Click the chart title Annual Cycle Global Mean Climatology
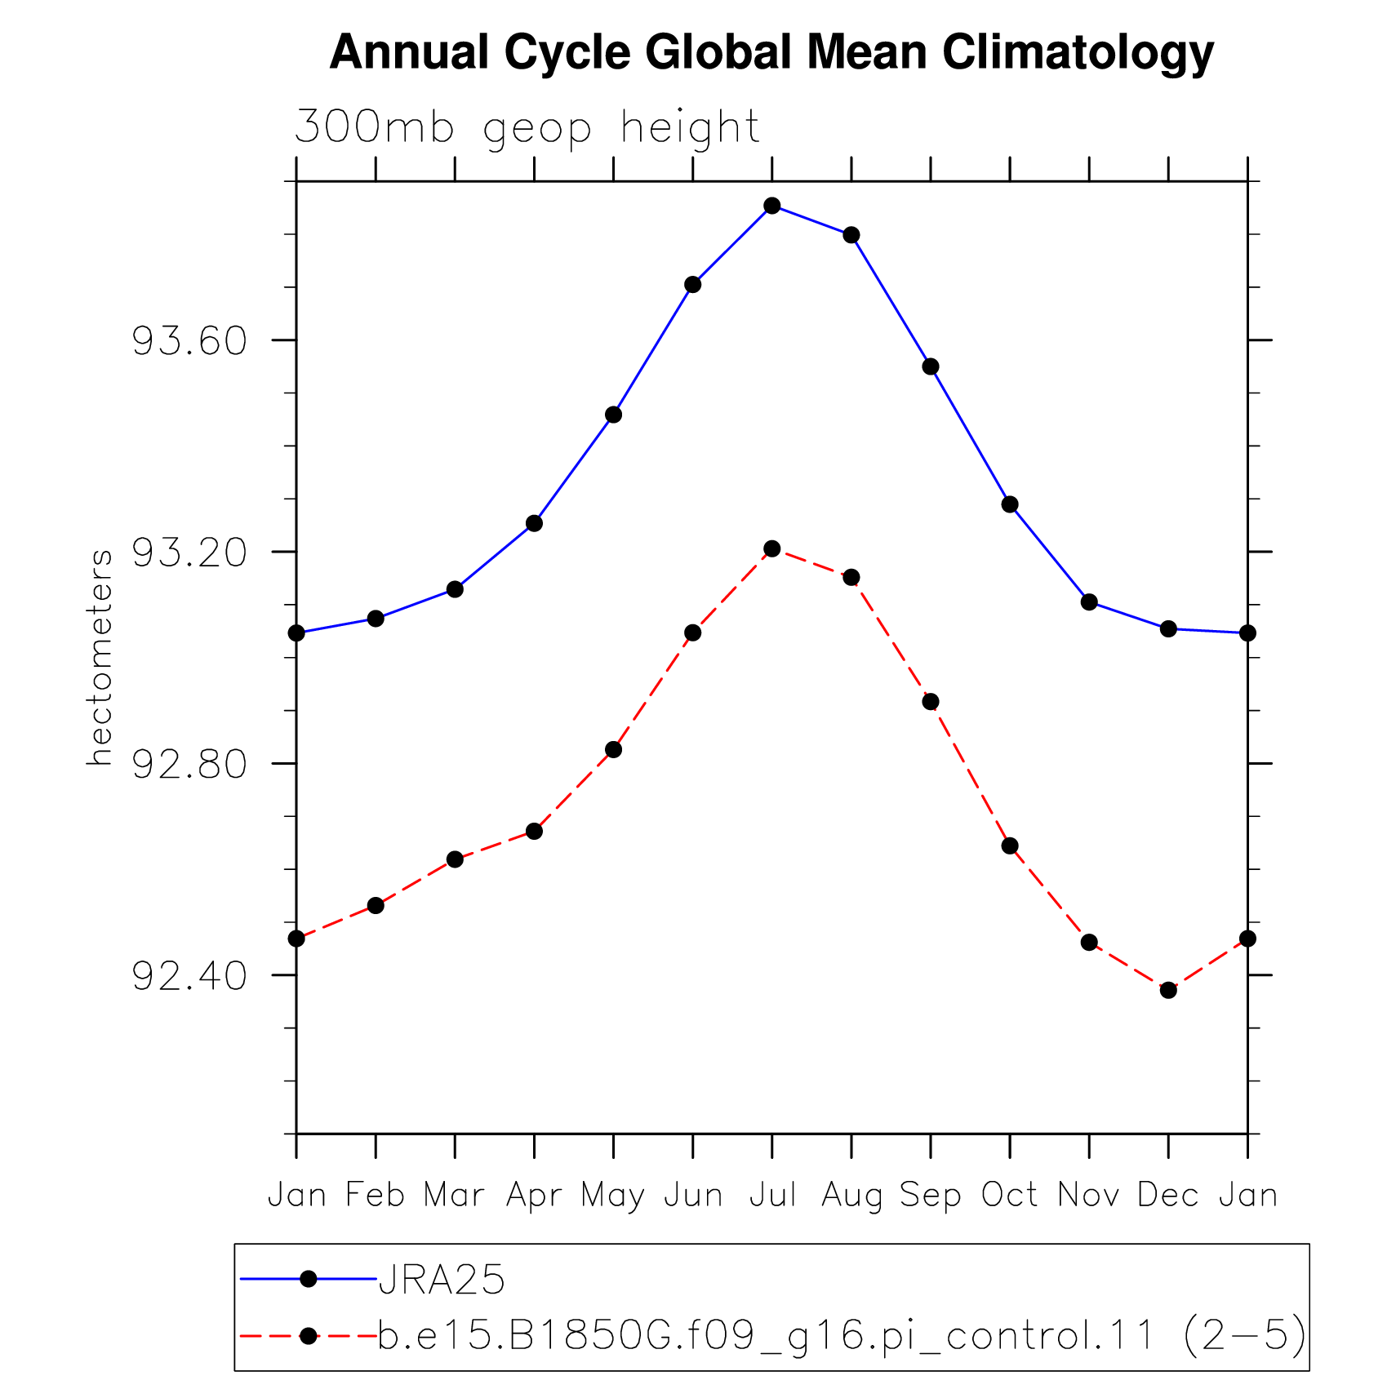[x=771, y=53]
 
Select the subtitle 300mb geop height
[x=527, y=128]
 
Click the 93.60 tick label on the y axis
[x=189, y=340]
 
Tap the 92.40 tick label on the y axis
[x=189, y=975]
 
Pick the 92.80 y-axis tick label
[x=189, y=764]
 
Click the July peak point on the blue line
[x=772, y=206]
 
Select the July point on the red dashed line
[x=772, y=548]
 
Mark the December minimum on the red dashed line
[x=1168, y=990]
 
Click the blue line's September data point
[x=931, y=366]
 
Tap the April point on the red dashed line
[x=534, y=831]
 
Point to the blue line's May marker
[x=613, y=415]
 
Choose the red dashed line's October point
[x=1010, y=846]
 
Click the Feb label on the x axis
[x=376, y=1195]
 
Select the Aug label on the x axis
[x=852, y=1196]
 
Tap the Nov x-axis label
[x=1089, y=1195]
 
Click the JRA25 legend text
[x=442, y=1280]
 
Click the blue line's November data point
[x=1089, y=602]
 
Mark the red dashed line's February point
[x=376, y=905]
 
